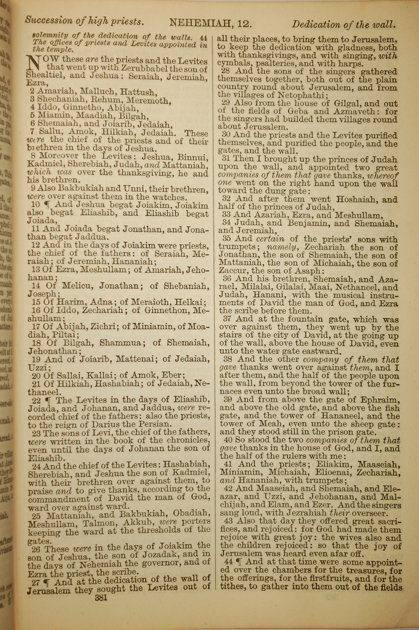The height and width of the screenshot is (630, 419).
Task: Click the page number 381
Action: [101, 597]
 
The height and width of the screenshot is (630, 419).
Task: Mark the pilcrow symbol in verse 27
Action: [47, 582]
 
